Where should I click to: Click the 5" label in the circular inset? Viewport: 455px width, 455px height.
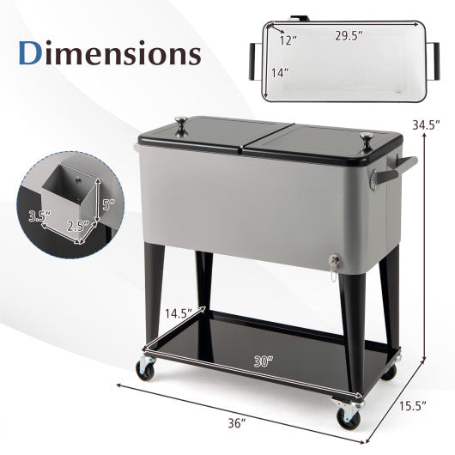click(107, 206)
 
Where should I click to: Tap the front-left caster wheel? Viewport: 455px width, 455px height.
click(145, 369)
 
